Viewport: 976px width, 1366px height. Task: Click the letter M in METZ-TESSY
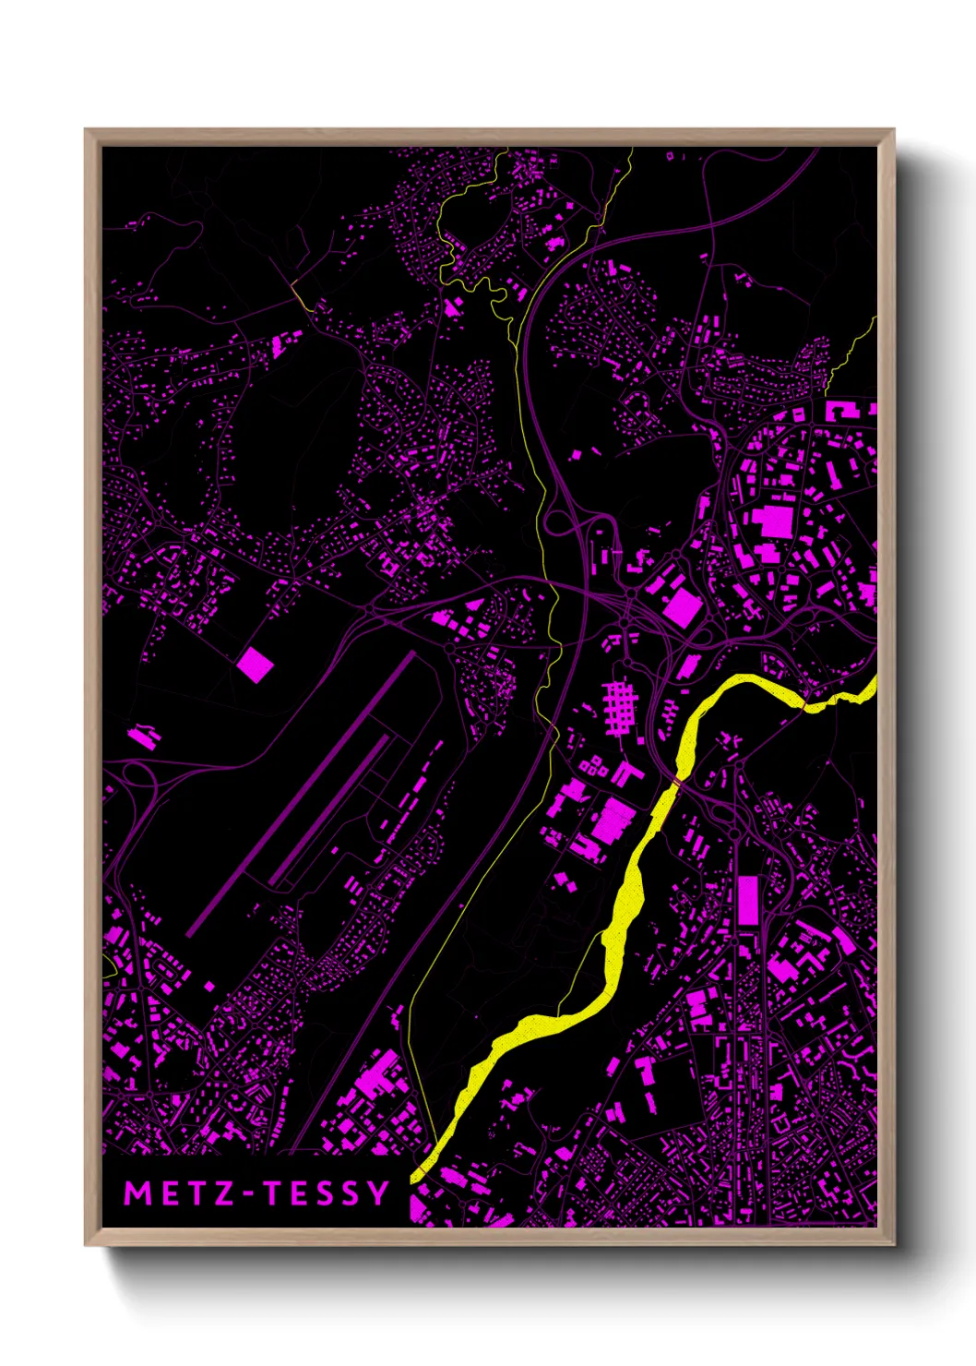pos(137,1193)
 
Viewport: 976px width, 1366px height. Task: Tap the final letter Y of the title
pos(378,1193)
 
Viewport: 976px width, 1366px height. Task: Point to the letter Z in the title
pos(222,1193)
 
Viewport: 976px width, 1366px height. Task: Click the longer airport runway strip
pos(300,795)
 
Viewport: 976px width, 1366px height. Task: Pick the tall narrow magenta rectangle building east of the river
pos(747,900)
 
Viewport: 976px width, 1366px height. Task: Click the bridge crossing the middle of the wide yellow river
pos(677,783)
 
